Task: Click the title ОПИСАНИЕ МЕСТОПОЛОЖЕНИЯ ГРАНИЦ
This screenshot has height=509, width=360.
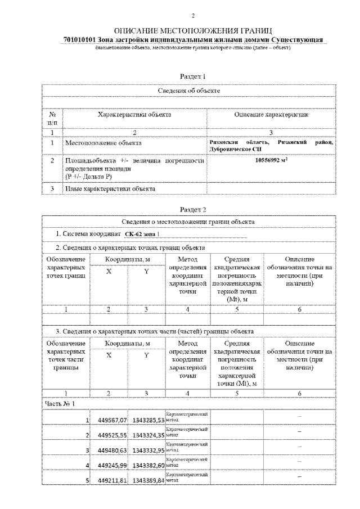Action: [x=193, y=30]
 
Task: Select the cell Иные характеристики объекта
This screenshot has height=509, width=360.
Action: [x=110, y=189]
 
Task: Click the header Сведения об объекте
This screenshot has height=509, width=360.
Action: [x=188, y=90]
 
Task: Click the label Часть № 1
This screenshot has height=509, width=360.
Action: [x=59, y=403]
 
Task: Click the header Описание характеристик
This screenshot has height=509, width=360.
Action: [x=271, y=115]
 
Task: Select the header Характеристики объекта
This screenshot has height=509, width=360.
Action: [x=134, y=115]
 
